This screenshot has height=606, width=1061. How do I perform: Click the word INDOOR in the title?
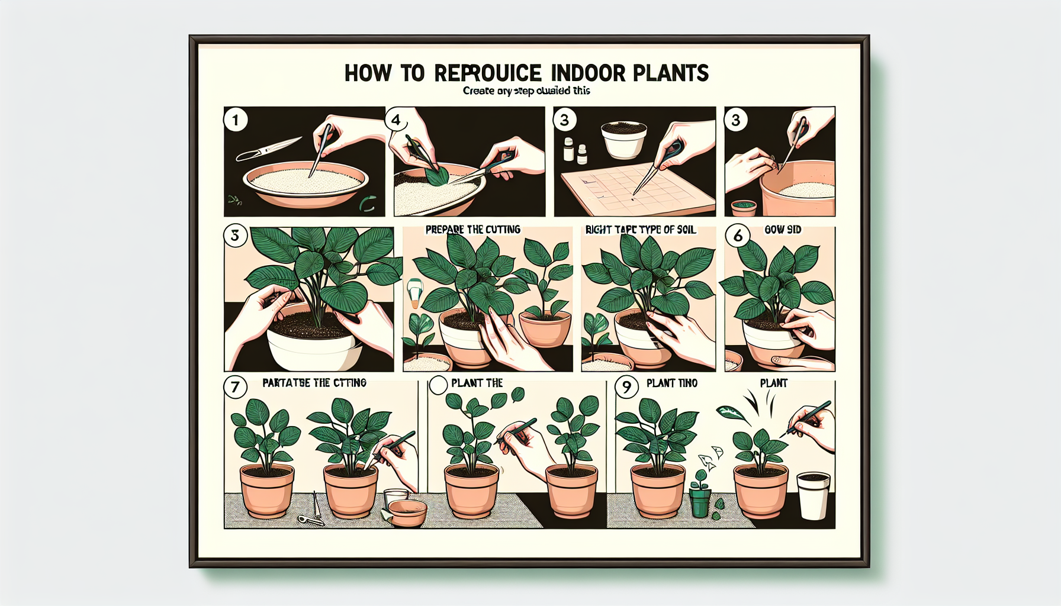(587, 73)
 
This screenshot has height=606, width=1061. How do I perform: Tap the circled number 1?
(236, 120)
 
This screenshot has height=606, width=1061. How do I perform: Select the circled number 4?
(396, 120)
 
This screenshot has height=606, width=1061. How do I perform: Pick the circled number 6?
(738, 236)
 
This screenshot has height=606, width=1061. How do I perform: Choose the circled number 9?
(626, 387)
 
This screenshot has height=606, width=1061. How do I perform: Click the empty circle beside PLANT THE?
(438, 385)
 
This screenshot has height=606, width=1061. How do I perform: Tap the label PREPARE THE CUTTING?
(472, 230)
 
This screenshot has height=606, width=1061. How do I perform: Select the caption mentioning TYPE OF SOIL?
(641, 230)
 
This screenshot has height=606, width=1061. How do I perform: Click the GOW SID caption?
(783, 230)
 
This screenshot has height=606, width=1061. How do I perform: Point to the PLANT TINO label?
(672, 383)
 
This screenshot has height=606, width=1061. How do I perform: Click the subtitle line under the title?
(526, 91)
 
